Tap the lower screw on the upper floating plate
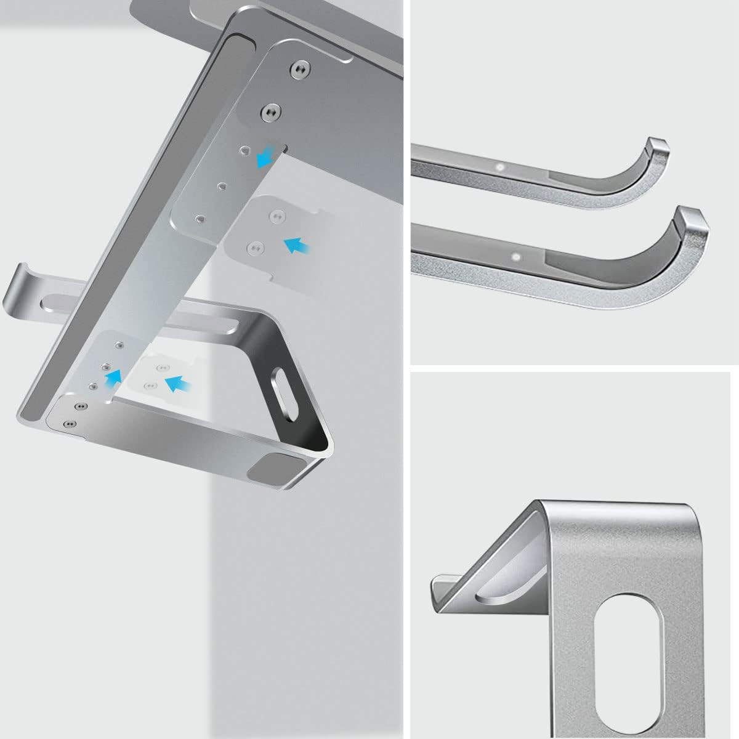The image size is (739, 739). [253, 247]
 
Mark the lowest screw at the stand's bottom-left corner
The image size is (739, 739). [69, 424]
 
